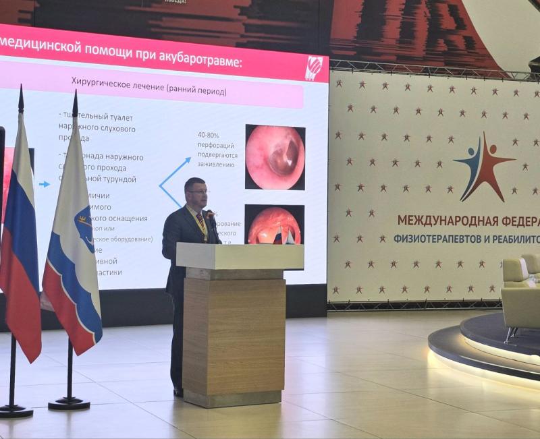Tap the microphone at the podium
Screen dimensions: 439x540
211,218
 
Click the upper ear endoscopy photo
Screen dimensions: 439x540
275,156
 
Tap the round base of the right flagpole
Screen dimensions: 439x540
69,403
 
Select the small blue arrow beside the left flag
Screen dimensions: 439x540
44,183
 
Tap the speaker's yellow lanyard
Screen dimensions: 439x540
201,223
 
